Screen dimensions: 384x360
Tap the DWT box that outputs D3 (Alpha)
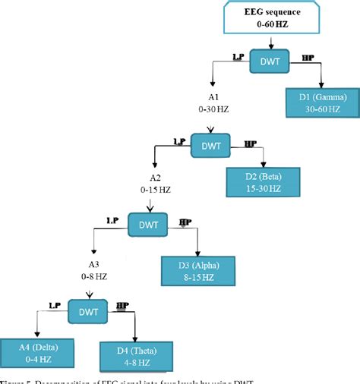pos(147,225)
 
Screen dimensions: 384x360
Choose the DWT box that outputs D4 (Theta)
pos(87,310)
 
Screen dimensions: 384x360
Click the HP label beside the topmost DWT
pos(308,58)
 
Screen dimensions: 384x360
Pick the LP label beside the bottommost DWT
pos(55,304)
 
